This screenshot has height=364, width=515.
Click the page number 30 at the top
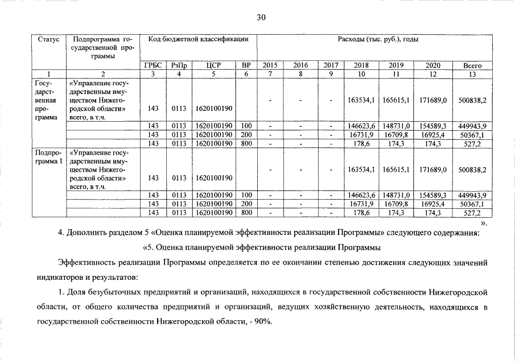click(261, 18)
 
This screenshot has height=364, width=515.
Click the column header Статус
click(48, 39)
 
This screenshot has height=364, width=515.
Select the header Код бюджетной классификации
click(198, 39)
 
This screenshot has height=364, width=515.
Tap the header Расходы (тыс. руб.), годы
click(378, 39)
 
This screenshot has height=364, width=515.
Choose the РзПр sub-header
click(179, 65)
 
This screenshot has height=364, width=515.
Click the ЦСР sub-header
click(213, 65)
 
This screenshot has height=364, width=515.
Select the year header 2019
click(396, 65)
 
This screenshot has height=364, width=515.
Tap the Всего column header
click(472, 65)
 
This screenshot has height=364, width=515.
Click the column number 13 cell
click(472, 73)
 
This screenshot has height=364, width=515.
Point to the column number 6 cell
click(246, 73)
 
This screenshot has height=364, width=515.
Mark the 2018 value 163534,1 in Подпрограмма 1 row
click(361, 169)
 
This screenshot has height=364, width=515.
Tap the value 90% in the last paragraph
click(263, 321)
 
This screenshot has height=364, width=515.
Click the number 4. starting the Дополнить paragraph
click(61, 233)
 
